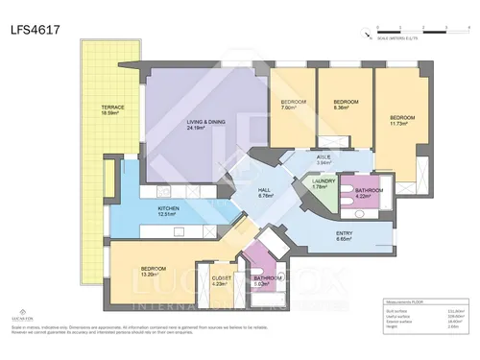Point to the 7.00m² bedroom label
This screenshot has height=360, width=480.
[x=293, y=105]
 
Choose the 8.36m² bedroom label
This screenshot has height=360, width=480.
[x=345, y=104]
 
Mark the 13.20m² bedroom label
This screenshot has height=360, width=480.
[x=155, y=271]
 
